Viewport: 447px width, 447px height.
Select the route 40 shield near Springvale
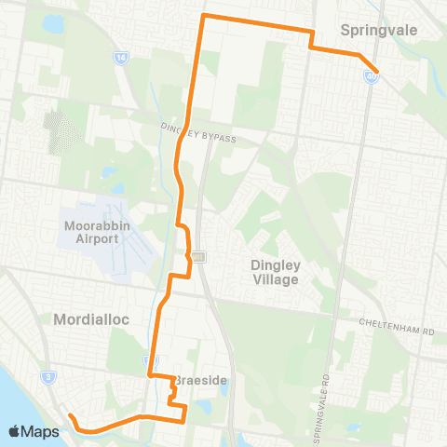(x=371, y=79)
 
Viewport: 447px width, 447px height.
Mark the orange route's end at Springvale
(x=375, y=71)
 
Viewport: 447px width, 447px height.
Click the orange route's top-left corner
(x=204, y=17)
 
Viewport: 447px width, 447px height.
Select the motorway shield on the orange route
(x=198, y=256)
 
